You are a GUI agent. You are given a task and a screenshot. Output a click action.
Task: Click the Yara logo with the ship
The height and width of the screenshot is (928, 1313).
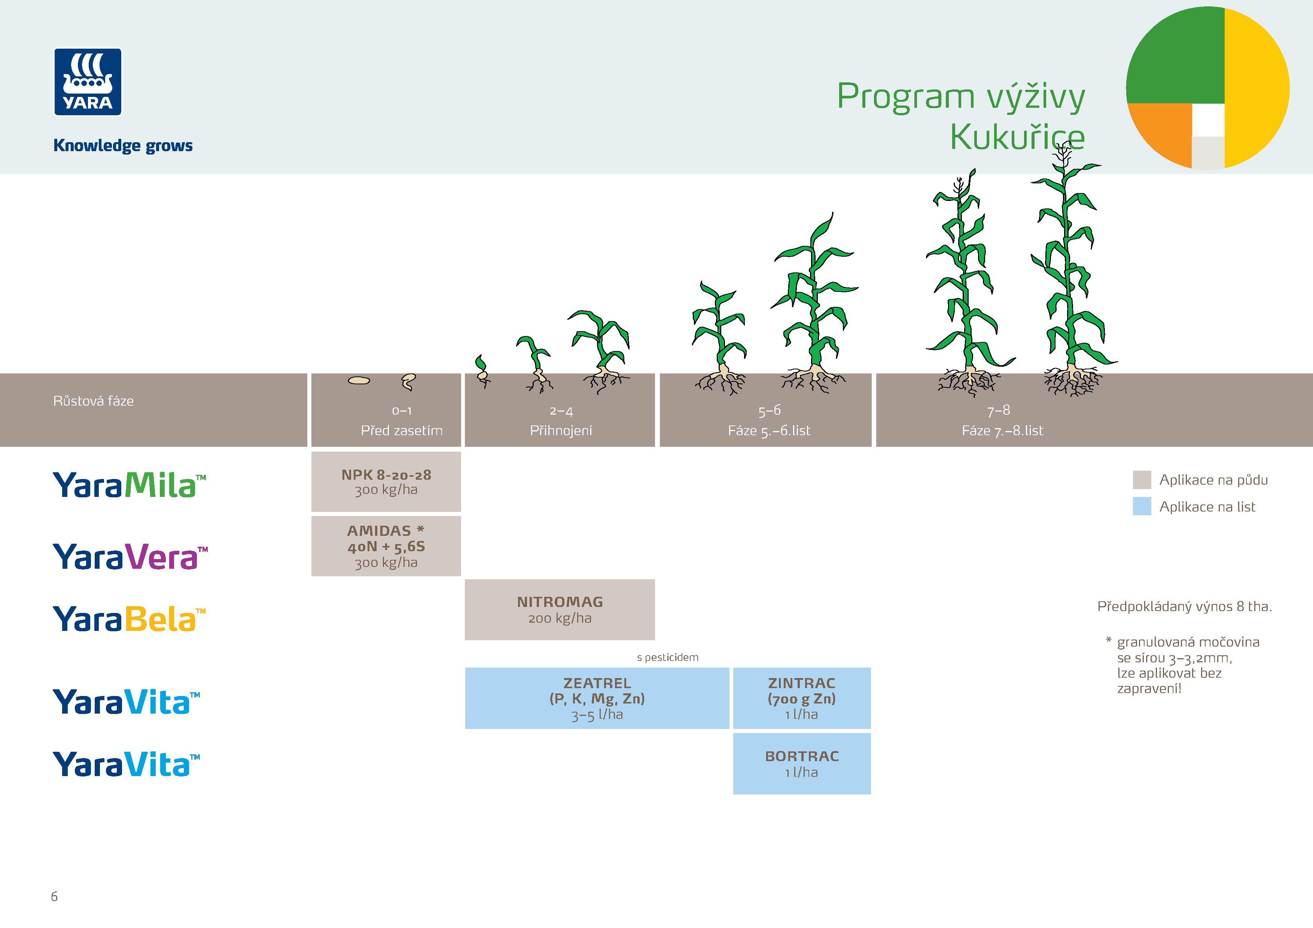click(x=88, y=82)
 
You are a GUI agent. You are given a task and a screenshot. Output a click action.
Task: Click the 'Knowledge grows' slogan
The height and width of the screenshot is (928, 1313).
click(x=123, y=146)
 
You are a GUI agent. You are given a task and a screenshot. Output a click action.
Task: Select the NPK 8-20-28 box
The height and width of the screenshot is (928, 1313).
click(x=386, y=482)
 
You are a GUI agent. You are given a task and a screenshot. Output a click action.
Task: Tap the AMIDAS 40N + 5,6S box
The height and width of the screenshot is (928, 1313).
click(x=386, y=546)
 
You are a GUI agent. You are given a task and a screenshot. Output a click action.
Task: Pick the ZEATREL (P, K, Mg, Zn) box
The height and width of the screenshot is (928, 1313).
click(x=597, y=698)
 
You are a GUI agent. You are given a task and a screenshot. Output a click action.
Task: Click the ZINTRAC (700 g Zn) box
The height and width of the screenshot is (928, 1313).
click(x=801, y=698)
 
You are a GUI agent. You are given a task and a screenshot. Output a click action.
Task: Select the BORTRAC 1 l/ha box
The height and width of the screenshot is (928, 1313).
click(x=801, y=764)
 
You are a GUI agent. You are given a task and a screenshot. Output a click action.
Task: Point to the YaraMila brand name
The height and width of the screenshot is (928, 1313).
click(x=129, y=485)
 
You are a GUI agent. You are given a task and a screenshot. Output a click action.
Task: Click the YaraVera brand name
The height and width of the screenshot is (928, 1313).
click(x=130, y=556)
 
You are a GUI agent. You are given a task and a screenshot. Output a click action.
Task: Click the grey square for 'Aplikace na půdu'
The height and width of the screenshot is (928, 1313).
click(x=1142, y=480)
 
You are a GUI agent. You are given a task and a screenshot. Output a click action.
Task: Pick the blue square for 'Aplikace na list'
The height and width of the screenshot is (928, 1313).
click(x=1142, y=507)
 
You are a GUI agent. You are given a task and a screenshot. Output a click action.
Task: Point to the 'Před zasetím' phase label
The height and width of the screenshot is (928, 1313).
click(x=402, y=431)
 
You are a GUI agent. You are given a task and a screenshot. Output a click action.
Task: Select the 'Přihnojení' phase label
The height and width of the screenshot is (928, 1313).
click(x=560, y=431)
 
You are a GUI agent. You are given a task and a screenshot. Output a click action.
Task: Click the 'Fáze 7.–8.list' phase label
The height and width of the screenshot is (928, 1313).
click(x=1002, y=431)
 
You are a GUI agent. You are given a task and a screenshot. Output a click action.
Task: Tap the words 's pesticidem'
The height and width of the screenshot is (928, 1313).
click(x=667, y=657)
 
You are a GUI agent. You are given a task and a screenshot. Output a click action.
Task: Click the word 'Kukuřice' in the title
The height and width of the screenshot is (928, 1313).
click(x=1017, y=137)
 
